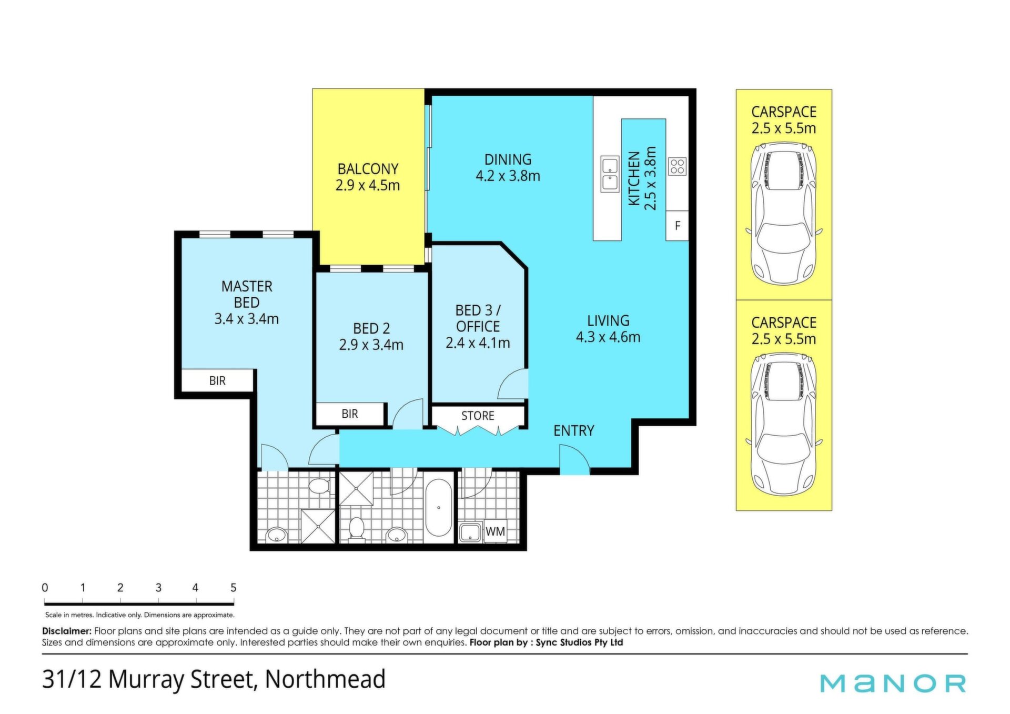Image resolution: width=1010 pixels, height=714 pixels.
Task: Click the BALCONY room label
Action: click(368, 169)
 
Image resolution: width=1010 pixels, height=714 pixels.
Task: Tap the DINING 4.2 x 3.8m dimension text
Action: click(508, 176)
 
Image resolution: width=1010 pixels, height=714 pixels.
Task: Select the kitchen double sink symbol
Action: click(610, 174)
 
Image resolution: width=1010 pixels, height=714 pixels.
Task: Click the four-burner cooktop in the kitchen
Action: click(677, 167)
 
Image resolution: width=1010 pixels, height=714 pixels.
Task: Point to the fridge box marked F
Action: click(677, 226)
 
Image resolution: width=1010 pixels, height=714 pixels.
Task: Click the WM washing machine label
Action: click(495, 532)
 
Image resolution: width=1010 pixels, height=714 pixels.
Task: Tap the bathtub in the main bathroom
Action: click(438, 508)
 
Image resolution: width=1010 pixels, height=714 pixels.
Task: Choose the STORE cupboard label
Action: click(478, 416)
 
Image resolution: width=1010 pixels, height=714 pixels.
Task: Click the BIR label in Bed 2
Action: click(349, 414)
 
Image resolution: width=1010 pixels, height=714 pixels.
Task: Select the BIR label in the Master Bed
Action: click(217, 381)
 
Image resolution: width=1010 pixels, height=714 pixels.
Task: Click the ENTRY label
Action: click(574, 431)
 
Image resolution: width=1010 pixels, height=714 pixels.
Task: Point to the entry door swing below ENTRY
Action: click(574, 459)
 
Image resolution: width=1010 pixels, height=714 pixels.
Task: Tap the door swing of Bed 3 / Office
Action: click(512, 384)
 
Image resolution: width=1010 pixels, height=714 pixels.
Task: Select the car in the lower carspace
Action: click(784, 424)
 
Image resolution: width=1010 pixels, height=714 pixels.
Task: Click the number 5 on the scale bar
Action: click(233, 588)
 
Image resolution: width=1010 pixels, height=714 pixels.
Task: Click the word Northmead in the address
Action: click(325, 679)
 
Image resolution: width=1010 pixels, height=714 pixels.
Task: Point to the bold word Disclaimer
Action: click(67, 631)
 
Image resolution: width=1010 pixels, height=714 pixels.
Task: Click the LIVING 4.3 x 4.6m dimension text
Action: click(608, 337)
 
